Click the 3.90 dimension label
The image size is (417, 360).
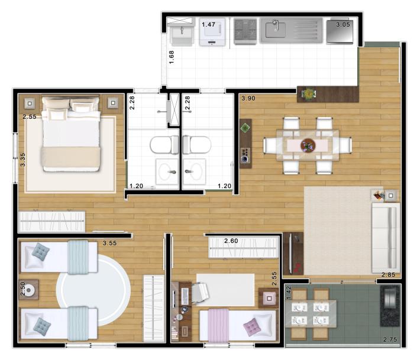248,98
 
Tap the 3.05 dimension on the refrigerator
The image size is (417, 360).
343,24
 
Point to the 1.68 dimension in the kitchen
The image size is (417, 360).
172,57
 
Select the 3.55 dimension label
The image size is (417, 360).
109,243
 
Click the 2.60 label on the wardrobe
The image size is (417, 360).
231,241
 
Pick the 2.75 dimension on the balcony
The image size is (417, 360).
390,339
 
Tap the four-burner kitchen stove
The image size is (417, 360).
245,31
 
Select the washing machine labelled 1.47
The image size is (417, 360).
212,32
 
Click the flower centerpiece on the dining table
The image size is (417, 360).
308,145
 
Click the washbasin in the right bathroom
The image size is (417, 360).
195,171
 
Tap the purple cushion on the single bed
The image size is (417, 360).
251,327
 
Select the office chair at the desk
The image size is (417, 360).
200,293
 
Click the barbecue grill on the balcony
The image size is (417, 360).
390,306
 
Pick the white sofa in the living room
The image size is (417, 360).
386,238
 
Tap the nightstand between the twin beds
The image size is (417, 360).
29,290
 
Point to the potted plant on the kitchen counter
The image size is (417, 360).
309,93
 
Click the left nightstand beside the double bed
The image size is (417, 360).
30,103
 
